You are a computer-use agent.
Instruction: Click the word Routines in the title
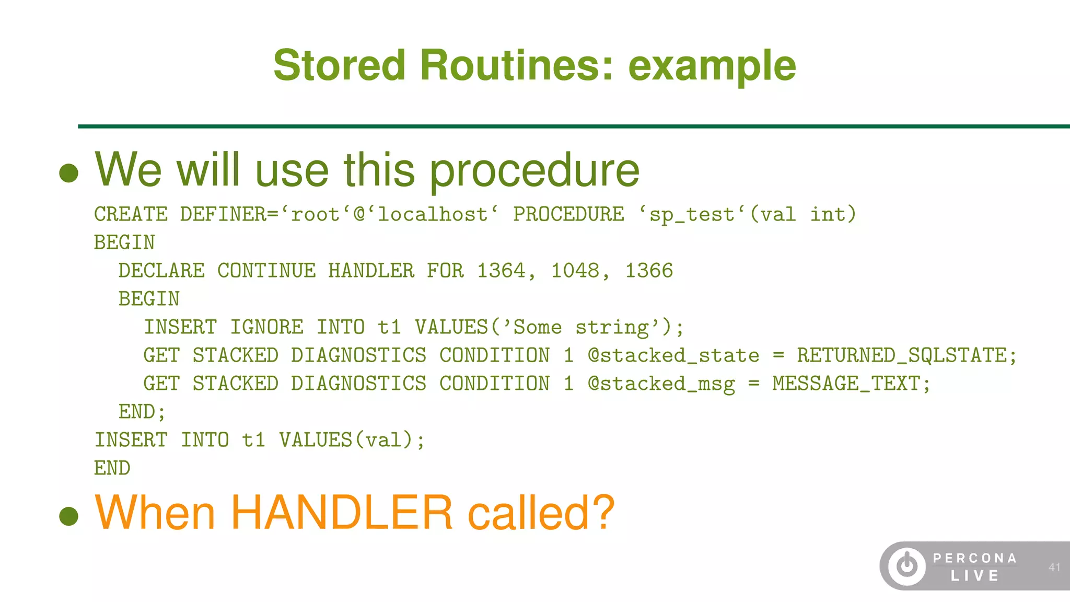[516, 65]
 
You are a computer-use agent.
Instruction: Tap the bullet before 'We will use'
[69, 173]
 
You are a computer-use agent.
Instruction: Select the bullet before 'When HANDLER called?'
[69, 516]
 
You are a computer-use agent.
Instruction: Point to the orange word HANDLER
[341, 513]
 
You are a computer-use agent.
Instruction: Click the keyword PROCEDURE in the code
[568, 214]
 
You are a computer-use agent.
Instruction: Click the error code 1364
[501, 271]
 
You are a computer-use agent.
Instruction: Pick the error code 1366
[649, 271]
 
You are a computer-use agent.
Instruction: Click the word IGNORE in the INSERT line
[266, 327]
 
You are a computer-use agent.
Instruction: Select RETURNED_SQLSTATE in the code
[902, 355]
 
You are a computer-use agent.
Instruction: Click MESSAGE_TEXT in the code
[846, 384]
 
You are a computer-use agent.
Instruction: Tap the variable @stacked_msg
[661, 384]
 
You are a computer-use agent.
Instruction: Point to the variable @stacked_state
[673, 355]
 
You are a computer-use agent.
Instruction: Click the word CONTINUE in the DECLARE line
[266, 271]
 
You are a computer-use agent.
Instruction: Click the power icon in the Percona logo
[907, 566]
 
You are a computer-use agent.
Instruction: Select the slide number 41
[1054, 567]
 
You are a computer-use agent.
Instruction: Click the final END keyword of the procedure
[112, 468]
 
